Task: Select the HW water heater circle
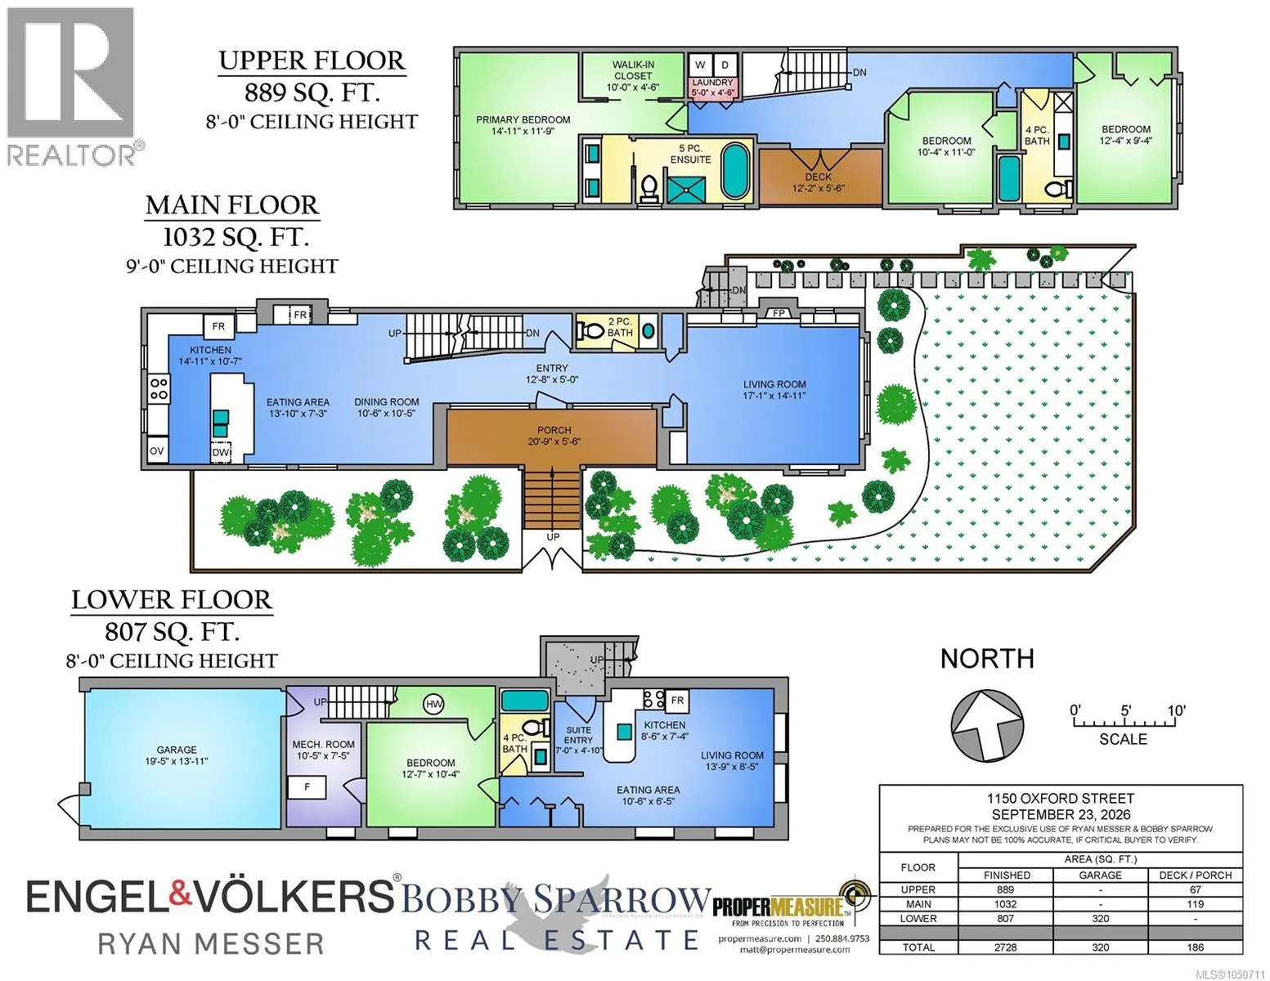(x=433, y=704)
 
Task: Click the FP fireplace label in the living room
(x=779, y=312)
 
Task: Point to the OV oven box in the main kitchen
(x=157, y=450)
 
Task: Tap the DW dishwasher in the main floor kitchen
(x=220, y=453)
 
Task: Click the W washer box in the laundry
(x=700, y=65)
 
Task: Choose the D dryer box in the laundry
(x=725, y=65)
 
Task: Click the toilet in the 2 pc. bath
(x=591, y=331)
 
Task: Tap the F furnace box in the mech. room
(x=307, y=787)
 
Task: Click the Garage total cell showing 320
(x=1100, y=947)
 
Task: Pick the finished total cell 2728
(x=1006, y=947)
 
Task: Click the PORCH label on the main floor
(x=554, y=430)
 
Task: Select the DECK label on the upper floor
(x=819, y=177)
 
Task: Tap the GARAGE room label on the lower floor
(x=177, y=750)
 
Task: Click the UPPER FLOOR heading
(x=312, y=61)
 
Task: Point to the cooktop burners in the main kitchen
(x=159, y=389)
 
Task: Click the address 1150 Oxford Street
(x=1061, y=799)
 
